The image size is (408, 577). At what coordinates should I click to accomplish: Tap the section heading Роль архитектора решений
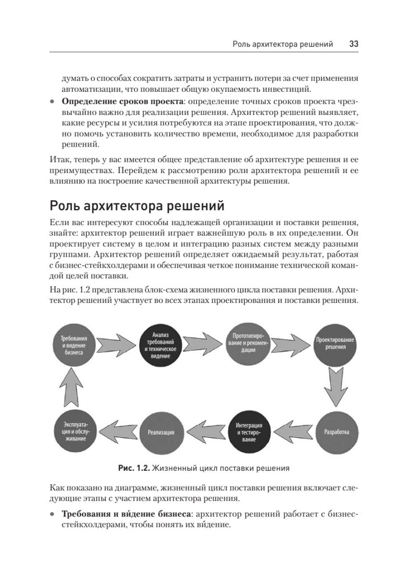tap(137, 206)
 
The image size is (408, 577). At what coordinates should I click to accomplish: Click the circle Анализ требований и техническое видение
tap(161, 346)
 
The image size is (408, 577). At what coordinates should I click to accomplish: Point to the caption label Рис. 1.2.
tap(135, 467)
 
